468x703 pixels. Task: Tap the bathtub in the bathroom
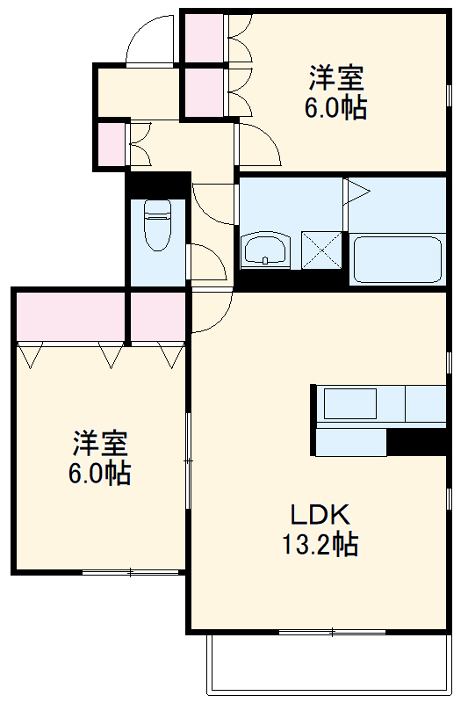click(x=397, y=259)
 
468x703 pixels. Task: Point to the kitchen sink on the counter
click(x=350, y=404)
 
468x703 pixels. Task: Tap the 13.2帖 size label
click(x=320, y=545)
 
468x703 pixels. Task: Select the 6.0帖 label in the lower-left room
click(x=99, y=473)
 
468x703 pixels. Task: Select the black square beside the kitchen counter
click(x=417, y=442)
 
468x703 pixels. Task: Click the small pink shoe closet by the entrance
click(x=112, y=145)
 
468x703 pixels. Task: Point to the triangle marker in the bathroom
click(x=356, y=191)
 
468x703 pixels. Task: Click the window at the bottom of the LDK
click(x=332, y=631)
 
